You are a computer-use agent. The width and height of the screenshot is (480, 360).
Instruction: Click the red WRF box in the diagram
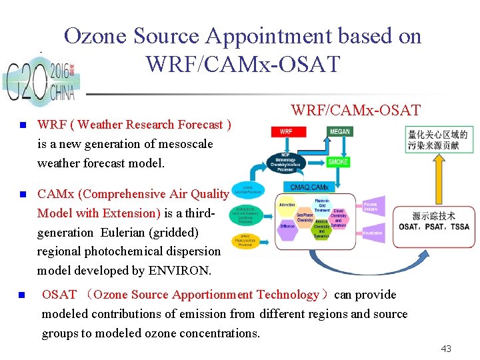pos(285,131)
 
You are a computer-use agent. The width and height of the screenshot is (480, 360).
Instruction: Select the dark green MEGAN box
pos(339,131)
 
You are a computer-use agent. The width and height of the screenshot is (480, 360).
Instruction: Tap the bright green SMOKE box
pos(339,162)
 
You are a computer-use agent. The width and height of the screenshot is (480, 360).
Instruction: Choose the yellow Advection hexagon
pos(287,205)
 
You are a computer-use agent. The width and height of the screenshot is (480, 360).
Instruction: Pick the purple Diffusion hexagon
pos(287,226)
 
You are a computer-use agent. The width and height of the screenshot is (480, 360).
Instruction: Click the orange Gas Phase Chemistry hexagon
pos(305,215)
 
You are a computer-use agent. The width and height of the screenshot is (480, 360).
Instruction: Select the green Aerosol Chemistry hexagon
pos(321,226)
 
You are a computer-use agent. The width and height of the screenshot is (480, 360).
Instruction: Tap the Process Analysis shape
pos(372,207)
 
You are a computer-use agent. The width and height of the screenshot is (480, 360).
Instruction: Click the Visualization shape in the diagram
pos(372,233)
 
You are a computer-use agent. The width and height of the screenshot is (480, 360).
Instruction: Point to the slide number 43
pos(447,349)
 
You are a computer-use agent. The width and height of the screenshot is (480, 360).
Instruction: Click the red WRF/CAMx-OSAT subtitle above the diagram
pos(355,110)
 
